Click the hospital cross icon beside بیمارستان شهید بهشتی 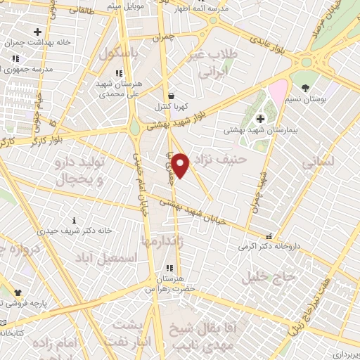[261, 118]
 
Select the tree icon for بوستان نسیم [304, 88]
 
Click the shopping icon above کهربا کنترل [172, 96]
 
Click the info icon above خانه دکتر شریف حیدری [75, 220]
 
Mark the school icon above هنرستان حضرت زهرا [169, 267]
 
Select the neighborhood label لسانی [319, 163]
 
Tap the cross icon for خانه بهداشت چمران [37, 32]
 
